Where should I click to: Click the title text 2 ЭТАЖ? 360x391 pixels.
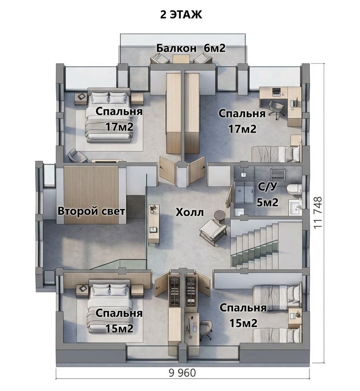click(181, 15)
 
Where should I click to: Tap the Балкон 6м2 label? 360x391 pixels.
click(191, 48)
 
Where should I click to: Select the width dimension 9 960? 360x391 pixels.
click(182, 373)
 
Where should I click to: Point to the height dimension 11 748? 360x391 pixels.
click(318, 213)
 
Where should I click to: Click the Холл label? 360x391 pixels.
click(190, 213)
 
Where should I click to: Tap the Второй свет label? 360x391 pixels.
click(91, 211)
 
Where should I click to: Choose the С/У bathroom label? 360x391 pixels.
click(267, 186)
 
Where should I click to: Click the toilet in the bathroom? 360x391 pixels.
click(294, 189)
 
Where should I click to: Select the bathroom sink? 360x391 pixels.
click(295, 207)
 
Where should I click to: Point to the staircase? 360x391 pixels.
click(267, 246)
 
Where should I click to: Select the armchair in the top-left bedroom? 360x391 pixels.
click(77, 155)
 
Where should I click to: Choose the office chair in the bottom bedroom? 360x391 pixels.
click(206, 330)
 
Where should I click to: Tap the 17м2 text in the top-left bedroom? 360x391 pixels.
click(120, 127)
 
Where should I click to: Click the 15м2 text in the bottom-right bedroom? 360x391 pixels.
click(243, 323)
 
